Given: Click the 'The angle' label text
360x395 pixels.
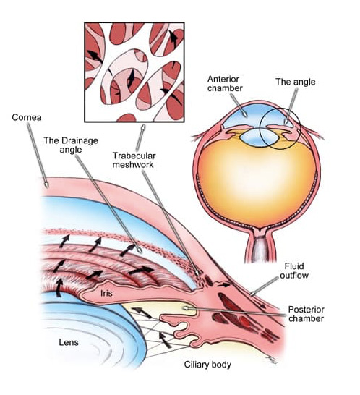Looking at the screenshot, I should tap(291, 82).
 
